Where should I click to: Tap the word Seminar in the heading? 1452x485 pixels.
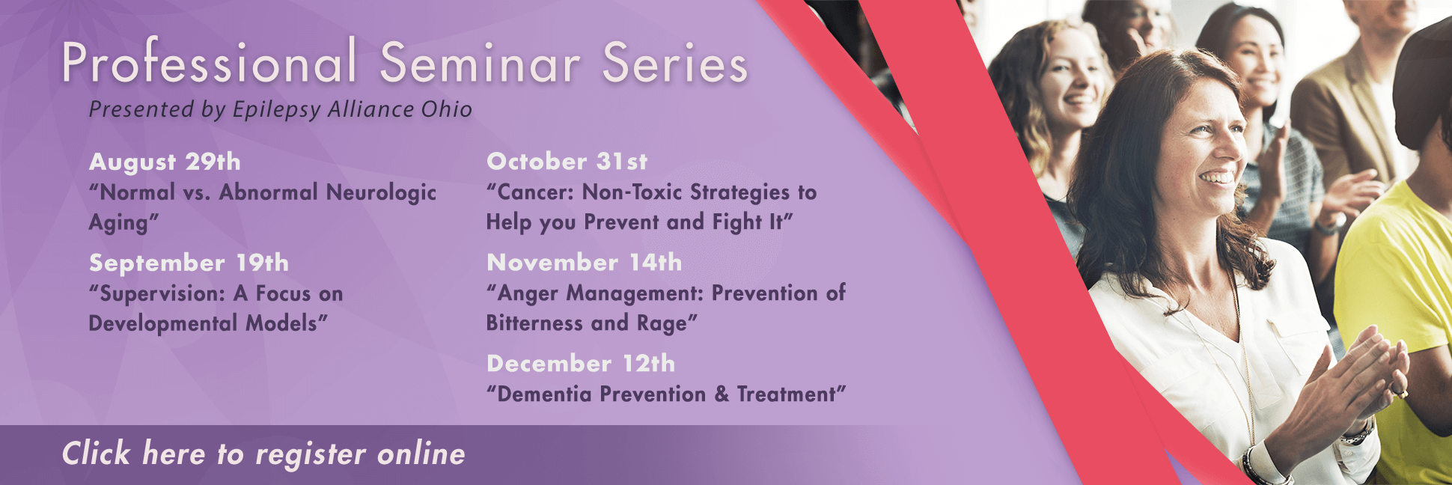pyautogui.click(x=480, y=63)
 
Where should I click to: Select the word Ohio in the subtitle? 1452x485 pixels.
pyautogui.click(x=446, y=109)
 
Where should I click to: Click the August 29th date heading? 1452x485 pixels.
pyautogui.click(x=165, y=162)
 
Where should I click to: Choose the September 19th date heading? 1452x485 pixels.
pyautogui.click(x=189, y=263)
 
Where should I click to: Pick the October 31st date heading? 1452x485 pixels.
pyautogui.click(x=567, y=161)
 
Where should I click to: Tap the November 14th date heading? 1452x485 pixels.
pyautogui.click(x=584, y=262)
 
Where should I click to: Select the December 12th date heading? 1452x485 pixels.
pyautogui.click(x=581, y=363)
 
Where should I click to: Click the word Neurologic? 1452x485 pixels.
pyautogui.click(x=381, y=193)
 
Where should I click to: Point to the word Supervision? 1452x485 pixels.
pyautogui.click(x=162, y=293)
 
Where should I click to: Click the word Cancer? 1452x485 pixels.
pyautogui.click(x=535, y=192)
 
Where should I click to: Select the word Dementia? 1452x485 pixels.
pyautogui.click(x=544, y=394)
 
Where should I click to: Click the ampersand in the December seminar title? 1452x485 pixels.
pyautogui.click(x=722, y=394)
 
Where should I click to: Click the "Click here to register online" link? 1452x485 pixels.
pyautogui.click(x=263, y=454)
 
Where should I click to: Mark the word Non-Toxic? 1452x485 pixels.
pyautogui.click(x=632, y=192)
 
